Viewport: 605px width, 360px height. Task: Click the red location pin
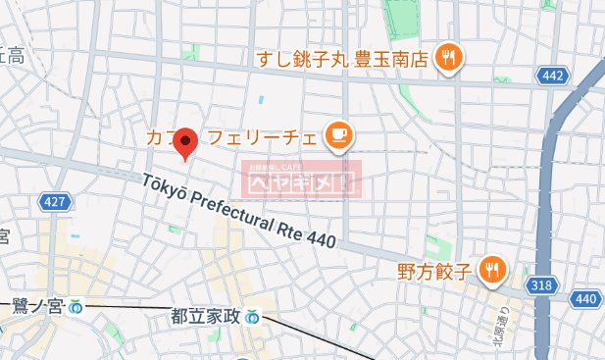[x=186, y=143]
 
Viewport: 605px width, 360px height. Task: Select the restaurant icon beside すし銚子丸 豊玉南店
[x=450, y=57]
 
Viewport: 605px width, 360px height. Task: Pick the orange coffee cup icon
[x=339, y=136]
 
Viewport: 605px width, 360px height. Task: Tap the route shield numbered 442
[x=552, y=75]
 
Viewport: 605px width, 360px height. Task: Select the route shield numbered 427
[x=56, y=202]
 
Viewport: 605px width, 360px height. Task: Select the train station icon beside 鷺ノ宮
[x=76, y=308]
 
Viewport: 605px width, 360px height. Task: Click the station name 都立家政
[x=205, y=316]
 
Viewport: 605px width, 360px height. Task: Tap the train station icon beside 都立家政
[x=254, y=317]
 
